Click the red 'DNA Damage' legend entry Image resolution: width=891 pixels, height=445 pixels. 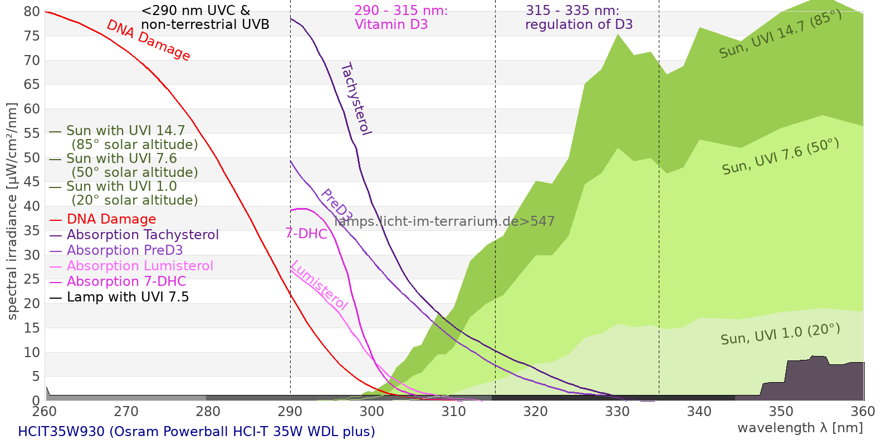tap(102, 219)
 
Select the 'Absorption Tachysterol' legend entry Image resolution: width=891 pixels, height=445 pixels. tap(134, 234)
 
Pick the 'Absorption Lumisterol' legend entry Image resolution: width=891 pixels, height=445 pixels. tap(131, 266)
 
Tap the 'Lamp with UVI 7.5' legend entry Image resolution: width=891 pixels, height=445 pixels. tap(119, 297)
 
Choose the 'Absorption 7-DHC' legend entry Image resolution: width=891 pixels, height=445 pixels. tap(118, 281)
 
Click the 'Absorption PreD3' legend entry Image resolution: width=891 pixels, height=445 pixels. tap(116, 250)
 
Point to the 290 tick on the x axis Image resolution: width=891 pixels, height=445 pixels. tap(290, 411)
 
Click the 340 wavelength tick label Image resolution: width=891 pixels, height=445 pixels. tap(699, 411)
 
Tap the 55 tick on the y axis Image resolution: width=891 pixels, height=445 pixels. tap(32, 133)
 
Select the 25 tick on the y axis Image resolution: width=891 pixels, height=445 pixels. tap(32, 279)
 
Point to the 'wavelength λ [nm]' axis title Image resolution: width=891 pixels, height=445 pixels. tap(800, 428)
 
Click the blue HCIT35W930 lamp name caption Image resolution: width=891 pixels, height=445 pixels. tap(197, 432)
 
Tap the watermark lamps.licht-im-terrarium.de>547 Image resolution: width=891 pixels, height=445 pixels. tap(444, 221)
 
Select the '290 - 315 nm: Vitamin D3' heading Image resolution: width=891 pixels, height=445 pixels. tap(401, 17)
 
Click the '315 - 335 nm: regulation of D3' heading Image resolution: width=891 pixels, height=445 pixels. tap(579, 17)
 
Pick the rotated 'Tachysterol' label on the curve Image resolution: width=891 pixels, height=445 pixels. tap(356, 99)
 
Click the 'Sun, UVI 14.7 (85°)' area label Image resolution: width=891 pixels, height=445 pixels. tap(780, 34)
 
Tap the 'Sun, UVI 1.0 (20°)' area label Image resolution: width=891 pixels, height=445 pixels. tap(780, 334)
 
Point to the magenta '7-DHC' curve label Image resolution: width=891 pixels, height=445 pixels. tap(306, 234)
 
